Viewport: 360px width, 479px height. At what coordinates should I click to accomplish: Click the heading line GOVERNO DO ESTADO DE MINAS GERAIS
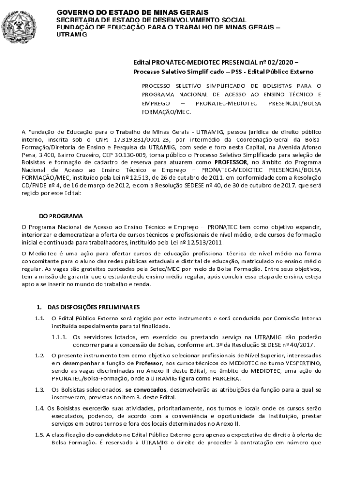pyautogui.click(x=132, y=12)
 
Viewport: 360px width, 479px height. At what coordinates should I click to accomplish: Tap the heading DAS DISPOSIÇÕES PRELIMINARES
pyautogui.click(x=94, y=307)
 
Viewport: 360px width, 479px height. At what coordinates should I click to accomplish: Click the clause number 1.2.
pyautogui.click(x=39, y=356)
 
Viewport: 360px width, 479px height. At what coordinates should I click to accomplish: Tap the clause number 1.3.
pyautogui.click(x=39, y=390)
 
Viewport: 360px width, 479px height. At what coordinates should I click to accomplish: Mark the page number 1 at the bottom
pyautogui.click(x=160, y=449)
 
